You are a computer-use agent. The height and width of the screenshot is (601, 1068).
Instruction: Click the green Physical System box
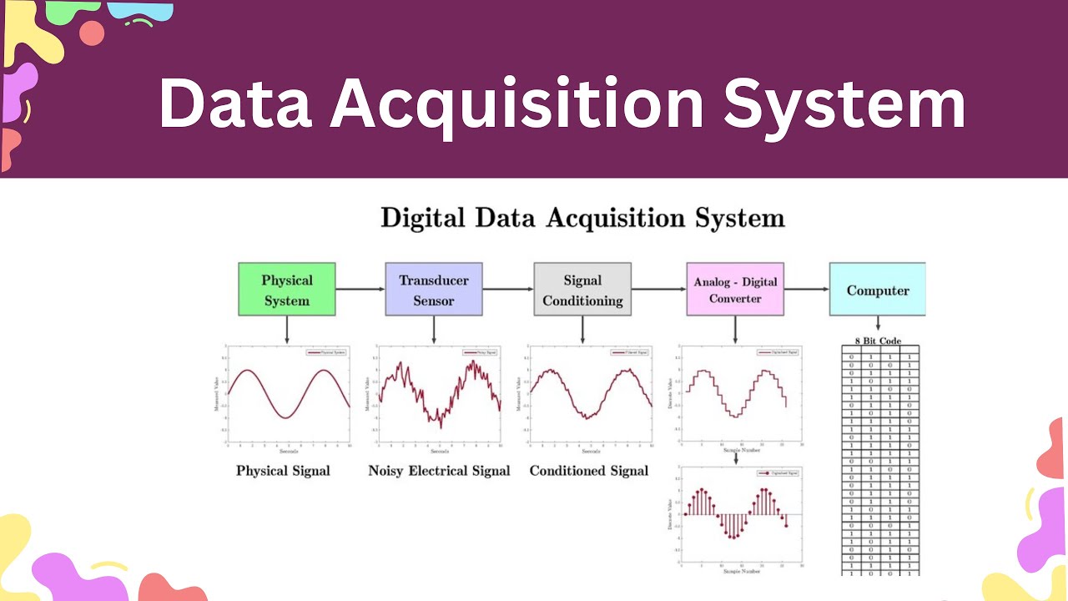(287, 290)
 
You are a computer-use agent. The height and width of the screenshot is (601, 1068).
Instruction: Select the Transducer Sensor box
(434, 290)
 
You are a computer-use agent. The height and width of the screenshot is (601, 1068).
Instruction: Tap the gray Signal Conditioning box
(582, 290)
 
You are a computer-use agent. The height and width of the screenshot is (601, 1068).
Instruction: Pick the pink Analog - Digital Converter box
(735, 290)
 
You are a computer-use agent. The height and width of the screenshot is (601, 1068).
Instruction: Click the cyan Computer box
(877, 290)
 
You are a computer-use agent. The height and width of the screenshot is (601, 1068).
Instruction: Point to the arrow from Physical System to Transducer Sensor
(360, 290)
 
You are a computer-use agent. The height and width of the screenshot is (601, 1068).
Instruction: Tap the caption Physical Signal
(283, 471)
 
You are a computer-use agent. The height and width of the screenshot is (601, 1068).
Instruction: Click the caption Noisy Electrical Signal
(439, 471)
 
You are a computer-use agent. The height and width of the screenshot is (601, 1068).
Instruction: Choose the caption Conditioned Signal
(589, 471)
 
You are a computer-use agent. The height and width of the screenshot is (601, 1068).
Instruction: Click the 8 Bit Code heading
(878, 341)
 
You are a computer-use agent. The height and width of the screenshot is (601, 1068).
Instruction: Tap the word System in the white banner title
(844, 104)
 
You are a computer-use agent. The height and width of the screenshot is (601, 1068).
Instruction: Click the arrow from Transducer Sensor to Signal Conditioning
(508, 290)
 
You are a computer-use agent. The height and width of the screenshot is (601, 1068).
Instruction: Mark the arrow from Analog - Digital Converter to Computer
(806, 290)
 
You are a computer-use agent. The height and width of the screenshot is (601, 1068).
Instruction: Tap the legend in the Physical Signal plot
(327, 353)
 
